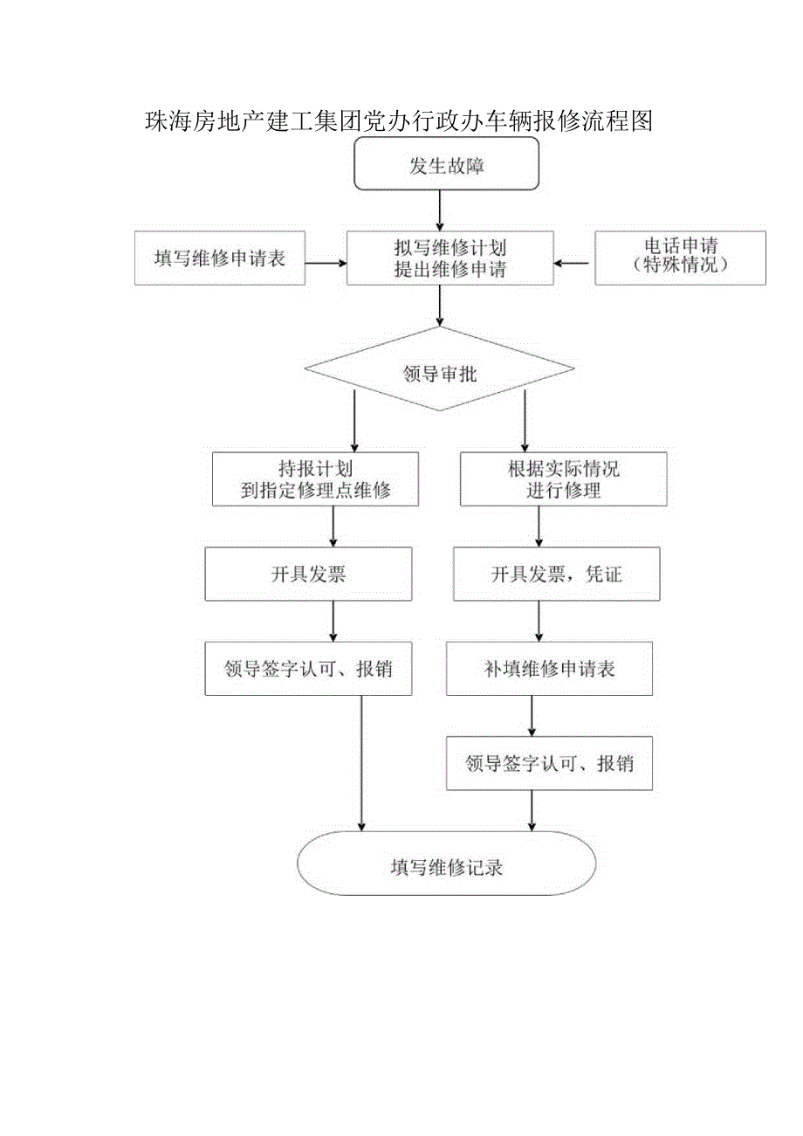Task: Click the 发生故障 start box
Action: tap(446, 165)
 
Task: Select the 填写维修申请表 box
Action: tap(220, 258)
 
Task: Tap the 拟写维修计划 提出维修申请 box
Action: tap(450, 258)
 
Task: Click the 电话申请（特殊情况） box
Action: tap(680, 258)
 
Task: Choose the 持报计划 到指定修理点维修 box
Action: tap(315, 479)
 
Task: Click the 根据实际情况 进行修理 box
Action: tap(563, 479)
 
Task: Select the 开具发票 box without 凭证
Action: tap(308, 575)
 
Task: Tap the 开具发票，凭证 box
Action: tap(556, 575)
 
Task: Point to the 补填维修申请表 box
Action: tap(549, 670)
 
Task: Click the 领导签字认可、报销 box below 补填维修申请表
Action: tap(549, 764)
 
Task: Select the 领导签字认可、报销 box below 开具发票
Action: tap(308, 670)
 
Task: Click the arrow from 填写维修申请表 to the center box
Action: tap(326, 260)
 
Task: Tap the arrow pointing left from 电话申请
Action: tap(573, 260)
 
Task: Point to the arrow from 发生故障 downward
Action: tap(439, 210)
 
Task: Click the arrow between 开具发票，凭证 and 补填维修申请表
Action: tap(539, 621)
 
